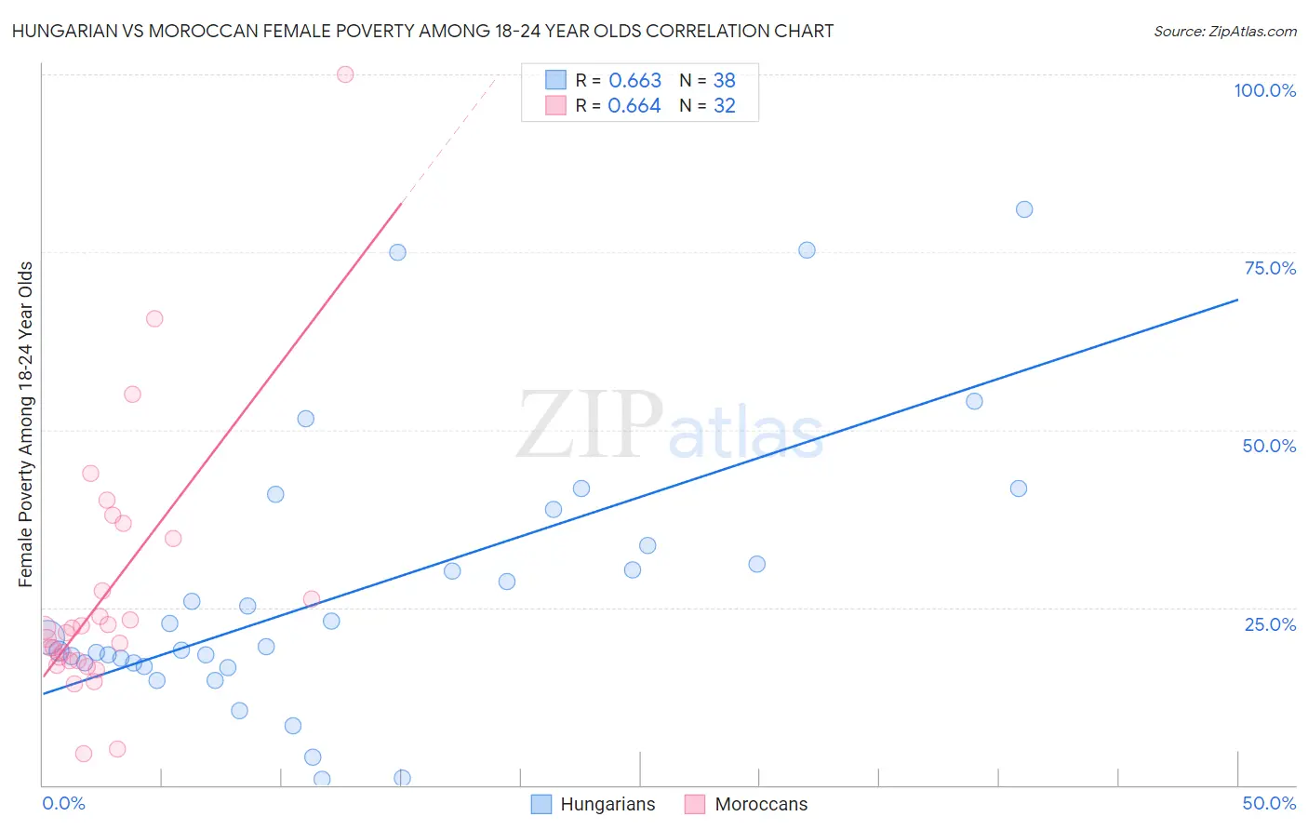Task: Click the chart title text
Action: [422, 31]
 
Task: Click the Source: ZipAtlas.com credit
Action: [1224, 31]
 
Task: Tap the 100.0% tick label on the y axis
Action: [1264, 90]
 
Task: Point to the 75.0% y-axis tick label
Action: [1270, 268]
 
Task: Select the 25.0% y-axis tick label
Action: [1270, 624]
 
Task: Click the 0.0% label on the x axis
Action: [63, 803]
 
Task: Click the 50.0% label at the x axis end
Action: [1269, 803]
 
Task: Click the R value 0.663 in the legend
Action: [634, 81]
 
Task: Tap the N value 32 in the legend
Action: [725, 106]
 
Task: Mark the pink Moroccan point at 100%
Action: [345, 74]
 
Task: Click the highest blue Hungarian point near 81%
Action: [1024, 209]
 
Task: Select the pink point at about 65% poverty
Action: [154, 318]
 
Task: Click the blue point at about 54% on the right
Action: [974, 401]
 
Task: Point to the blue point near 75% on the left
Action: [397, 252]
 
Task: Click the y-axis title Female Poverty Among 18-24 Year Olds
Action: [26, 424]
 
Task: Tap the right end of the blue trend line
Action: [1236, 300]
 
